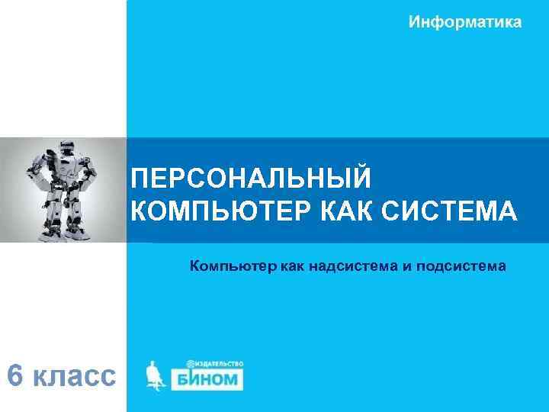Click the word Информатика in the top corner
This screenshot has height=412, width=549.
click(x=465, y=22)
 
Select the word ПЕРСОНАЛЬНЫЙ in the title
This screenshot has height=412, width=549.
click(x=252, y=179)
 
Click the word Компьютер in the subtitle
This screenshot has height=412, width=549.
click(x=233, y=266)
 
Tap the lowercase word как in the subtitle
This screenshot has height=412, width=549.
click(x=294, y=266)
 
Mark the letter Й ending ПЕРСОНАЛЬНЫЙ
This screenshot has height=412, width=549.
click(x=362, y=179)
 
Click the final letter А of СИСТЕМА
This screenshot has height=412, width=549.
click(x=506, y=210)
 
